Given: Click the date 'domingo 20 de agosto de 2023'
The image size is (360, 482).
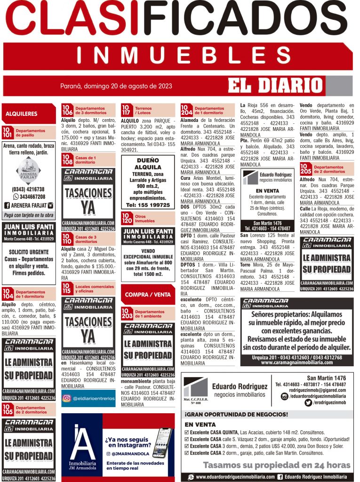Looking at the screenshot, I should pyautogui.click(x=116, y=86).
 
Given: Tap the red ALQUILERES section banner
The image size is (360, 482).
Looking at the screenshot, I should pyautogui.click(x=22, y=114).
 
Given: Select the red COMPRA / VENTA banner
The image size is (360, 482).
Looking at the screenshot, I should pyautogui.click(x=148, y=295).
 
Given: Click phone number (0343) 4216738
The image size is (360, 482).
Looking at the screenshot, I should pyautogui.click(x=28, y=189).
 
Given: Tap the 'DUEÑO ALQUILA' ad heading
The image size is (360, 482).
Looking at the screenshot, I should pyautogui.click(x=148, y=164).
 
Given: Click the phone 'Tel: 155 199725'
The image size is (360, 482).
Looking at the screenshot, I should pyautogui.click(x=148, y=205).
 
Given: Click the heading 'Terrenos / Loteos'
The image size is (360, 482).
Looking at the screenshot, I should pyautogui.click(x=144, y=111).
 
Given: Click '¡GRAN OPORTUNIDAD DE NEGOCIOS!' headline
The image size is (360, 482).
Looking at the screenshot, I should pyautogui.click(x=236, y=414).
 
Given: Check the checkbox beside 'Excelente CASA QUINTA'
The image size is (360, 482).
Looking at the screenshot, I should pyautogui.click(x=187, y=432).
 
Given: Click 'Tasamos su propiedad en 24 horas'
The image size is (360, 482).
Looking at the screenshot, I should pyautogui.click(x=277, y=465).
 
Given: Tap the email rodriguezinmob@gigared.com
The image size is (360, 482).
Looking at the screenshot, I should pyautogui.click(x=318, y=390).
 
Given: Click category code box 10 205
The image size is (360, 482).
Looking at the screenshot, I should pyautogui.click(x=305, y=170).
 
